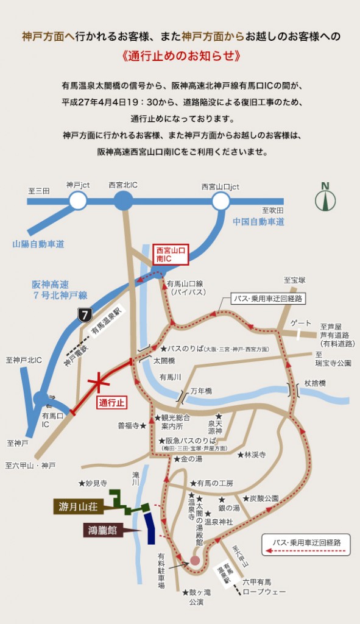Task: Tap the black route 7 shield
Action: pyautogui.click(x=85, y=315)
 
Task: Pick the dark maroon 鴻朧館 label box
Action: pyautogui.click(x=104, y=530)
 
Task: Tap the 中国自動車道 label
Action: pyautogui.click(x=259, y=222)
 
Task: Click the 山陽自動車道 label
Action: pyautogui.click(x=38, y=244)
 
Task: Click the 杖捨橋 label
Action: pyautogui.click(x=316, y=383)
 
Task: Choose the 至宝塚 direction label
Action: pyautogui.click(x=294, y=280)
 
